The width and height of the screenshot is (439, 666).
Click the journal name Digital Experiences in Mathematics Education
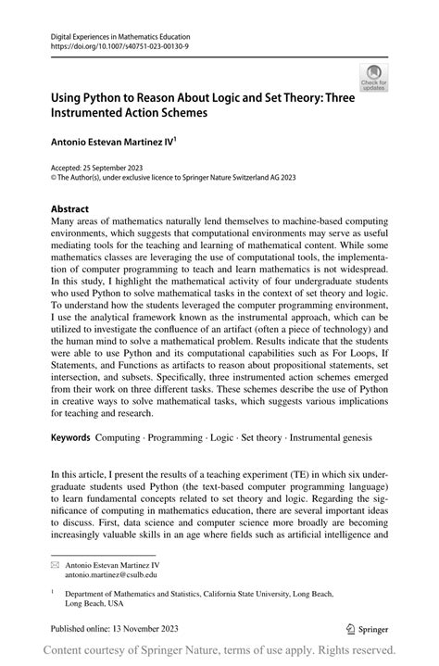[x=127, y=32]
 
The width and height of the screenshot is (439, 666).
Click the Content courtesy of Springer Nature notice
[x=219, y=650]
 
